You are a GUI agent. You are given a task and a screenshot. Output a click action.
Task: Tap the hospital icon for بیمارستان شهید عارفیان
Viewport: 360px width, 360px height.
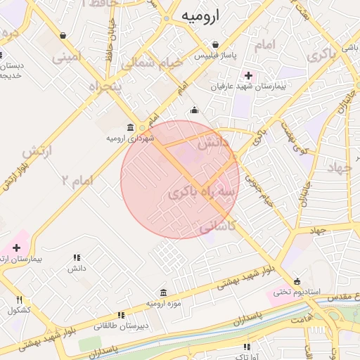247,75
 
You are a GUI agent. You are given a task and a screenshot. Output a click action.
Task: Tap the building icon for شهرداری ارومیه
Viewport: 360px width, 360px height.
130,127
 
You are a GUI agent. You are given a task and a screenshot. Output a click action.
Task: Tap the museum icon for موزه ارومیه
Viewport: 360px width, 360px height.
163,292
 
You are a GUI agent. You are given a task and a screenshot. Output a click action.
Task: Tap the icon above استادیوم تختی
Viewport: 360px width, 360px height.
297,280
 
